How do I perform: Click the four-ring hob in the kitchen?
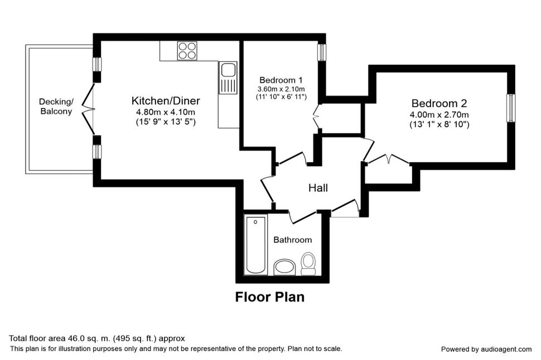click(x=187, y=51)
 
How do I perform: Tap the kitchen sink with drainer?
click(x=228, y=77)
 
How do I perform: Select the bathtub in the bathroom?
click(x=255, y=245)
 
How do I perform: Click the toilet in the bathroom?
click(x=308, y=264)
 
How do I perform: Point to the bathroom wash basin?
click(x=284, y=267)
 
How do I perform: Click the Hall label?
click(x=318, y=188)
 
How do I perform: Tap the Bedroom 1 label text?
click(x=281, y=80)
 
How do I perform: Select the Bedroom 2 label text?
click(x=439, y=103)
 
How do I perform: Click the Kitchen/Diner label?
click(x=166, y=101)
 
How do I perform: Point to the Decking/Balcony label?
click(x=56, y=106)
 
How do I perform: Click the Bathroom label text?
click(x=293, y=240)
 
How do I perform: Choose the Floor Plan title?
click(x=270, y=297)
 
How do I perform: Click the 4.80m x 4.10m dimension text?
click(x=166, y=112)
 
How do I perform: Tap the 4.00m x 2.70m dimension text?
click(x=439, y=115)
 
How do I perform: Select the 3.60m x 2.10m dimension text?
click(x=281, y=89)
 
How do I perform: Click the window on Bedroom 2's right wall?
click(x=511, y=108)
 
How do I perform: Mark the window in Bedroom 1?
click(x=322, y=52)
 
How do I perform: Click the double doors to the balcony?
click(x=88, y=109)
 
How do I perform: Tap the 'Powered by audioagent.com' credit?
click(x=486, y=349)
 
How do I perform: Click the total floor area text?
click(x=97, y=338)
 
